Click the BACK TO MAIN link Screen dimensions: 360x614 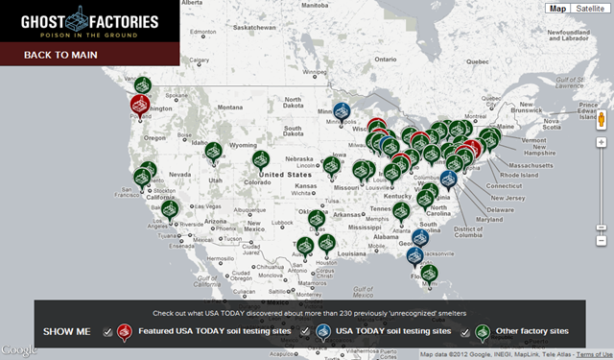[x=59, y=55]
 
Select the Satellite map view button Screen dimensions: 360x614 [x=584, y=9]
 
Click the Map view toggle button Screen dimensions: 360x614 [x=555, y=9]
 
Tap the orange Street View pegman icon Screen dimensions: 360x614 [x=601, y=120]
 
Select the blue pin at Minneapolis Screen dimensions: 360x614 [x=341, y=113]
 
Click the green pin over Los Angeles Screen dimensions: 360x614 [x=170, y=209]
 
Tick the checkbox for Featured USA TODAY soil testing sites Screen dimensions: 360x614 [x=108, y=332]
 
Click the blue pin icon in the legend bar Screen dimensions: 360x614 [x=324, y=331]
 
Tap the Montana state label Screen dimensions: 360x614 [x=212, y=103]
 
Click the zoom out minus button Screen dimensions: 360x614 [x=601, y=228]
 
